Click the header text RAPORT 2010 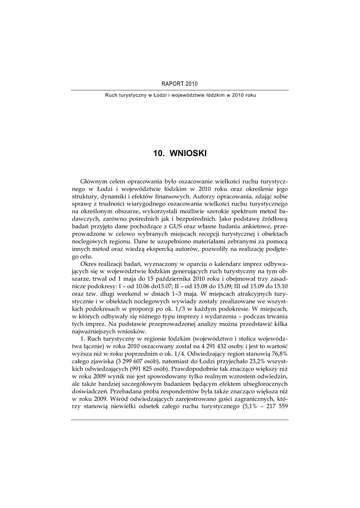[x=180, y=84]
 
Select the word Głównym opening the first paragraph [x=94, y=182]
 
